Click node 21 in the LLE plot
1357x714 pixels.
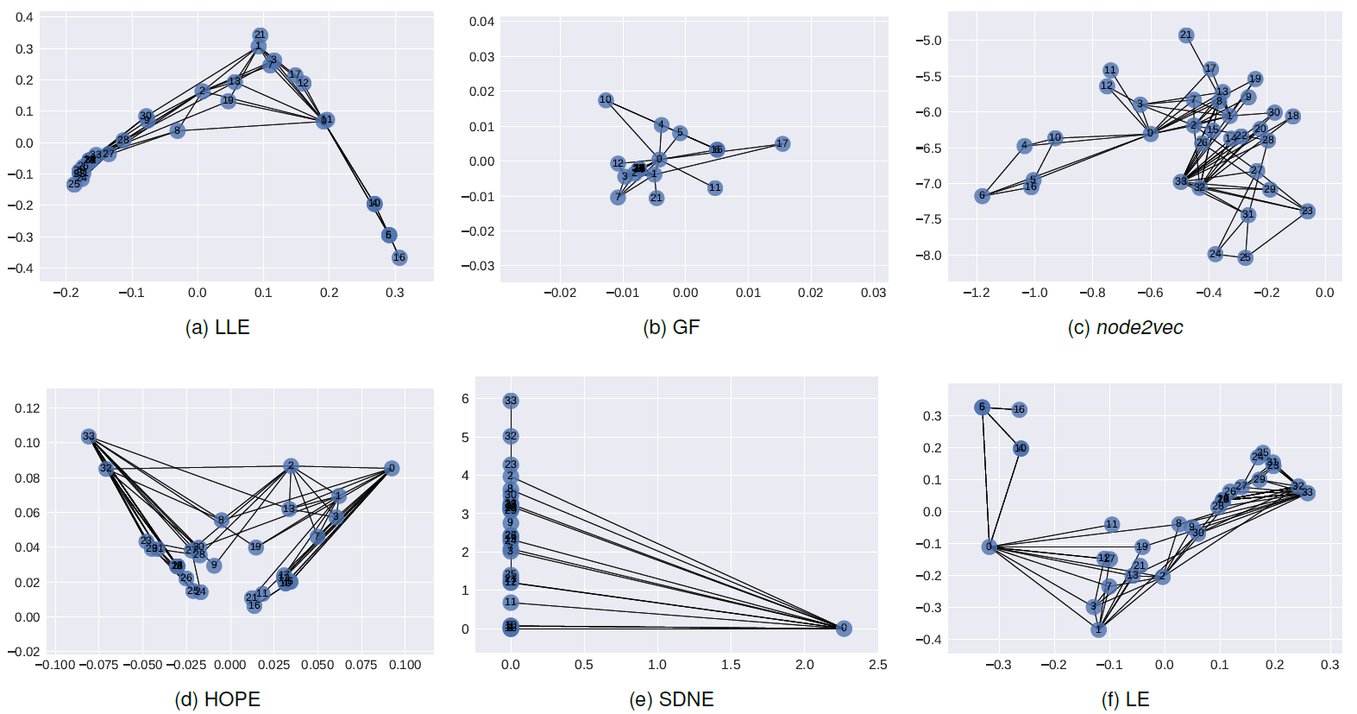point(260,35)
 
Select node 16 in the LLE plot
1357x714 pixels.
point(399,257)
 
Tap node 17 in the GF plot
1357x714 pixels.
point(782,143)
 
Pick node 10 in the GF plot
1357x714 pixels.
point(606,100)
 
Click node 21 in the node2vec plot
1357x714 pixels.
point(1186,35)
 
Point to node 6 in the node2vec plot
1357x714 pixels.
point(982,196)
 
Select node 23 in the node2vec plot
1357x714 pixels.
point(1307,211)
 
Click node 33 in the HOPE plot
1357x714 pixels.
point(89,437)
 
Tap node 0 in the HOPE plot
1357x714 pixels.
point(392,468)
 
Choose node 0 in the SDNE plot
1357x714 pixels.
point(844,629)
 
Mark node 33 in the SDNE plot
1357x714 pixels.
point(511,401)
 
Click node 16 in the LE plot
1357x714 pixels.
point(1019,409)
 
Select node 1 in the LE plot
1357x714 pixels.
point(1098,630)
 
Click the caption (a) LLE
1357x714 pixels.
point(217,327)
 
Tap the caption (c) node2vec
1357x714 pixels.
point(1125,327)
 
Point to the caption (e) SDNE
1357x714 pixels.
point(671,699)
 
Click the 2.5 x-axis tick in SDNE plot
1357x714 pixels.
point(877,665)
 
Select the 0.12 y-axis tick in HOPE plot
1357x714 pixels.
point(28,408)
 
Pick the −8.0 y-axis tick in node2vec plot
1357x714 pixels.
point(928,256)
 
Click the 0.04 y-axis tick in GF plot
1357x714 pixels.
point(481,22)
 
